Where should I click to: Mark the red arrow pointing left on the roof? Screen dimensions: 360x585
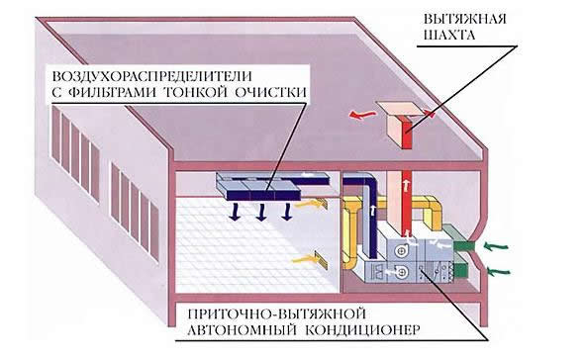(363, 117)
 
